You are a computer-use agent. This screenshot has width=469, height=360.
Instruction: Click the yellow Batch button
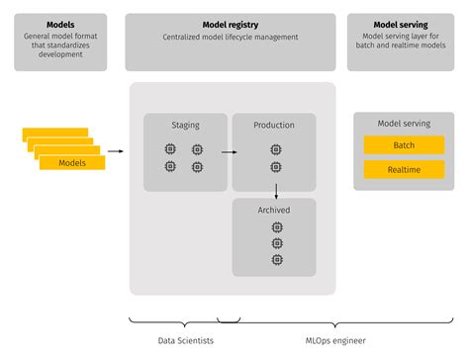tap(404, 145)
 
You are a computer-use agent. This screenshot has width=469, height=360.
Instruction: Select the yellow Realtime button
tap(404, 170)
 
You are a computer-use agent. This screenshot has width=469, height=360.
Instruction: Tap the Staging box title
tap(184, 126)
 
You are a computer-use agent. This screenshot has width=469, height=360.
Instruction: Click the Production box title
tap(274, 126)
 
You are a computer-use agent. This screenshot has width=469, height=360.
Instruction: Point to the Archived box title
tap(274, 210)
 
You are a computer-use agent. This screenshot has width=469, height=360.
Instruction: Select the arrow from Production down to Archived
tap(275, 190)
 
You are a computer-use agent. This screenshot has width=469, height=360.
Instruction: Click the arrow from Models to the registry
tap(115, 151)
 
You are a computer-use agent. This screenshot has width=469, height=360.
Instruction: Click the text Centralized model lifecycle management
tap(232, 38)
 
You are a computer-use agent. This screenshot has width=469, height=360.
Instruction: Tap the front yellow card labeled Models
tap(72, 162)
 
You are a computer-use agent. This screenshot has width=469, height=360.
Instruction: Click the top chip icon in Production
tap(275, 149)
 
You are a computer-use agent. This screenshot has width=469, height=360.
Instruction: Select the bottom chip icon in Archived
tap(275, 260)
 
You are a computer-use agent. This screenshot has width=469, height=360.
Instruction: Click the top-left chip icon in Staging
tap(171, 149)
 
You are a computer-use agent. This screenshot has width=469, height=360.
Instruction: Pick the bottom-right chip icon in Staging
tap(198, 167)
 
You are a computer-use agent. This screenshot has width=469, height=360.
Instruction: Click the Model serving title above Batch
tap(404, 124)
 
